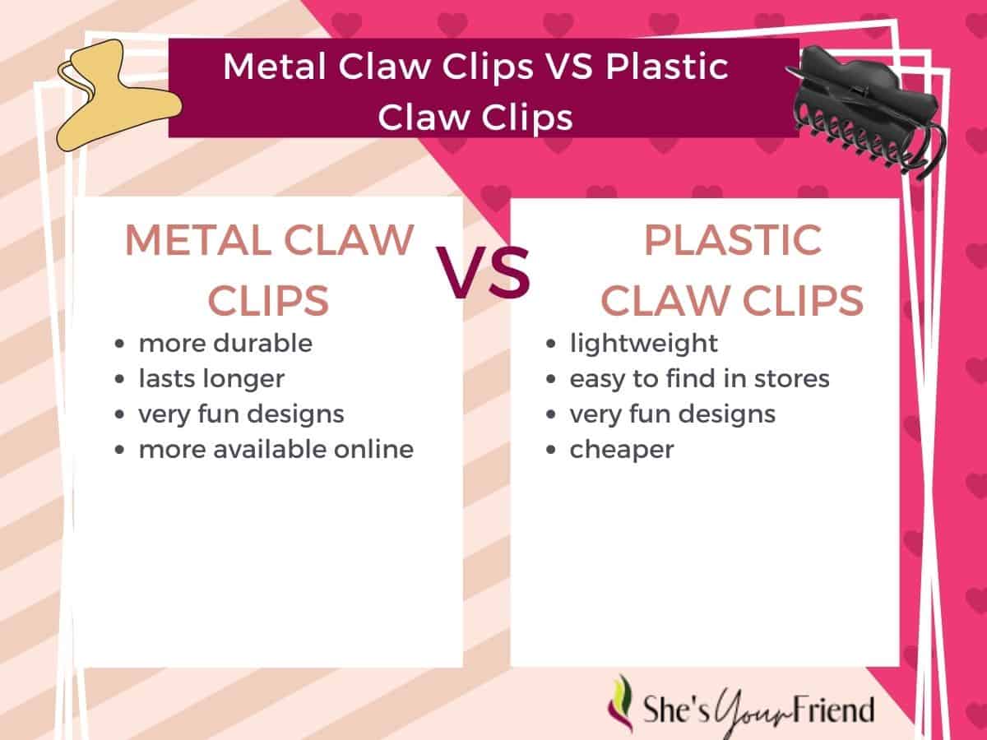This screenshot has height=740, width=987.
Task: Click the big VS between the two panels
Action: coord(484,273)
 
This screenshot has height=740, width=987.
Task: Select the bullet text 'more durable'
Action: coord(225,344)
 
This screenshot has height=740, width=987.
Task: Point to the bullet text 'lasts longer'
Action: coord(211,379)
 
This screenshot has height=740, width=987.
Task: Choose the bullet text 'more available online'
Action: coord(276,449)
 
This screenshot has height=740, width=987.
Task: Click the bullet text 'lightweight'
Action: coord(644,344)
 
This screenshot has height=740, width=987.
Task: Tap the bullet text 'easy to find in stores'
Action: coord(700,379)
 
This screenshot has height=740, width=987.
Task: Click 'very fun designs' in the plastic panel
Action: coord(673,414)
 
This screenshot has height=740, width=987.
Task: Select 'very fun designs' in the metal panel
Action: coord(242,414)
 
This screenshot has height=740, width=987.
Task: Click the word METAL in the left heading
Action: coord(199,240)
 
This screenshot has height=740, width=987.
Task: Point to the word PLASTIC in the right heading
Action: coord(733,240)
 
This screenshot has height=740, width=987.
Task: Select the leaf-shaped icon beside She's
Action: coord(621,704)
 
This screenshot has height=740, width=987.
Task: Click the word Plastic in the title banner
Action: coord(667,67)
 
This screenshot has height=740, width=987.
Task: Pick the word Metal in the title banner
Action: coord(274,67)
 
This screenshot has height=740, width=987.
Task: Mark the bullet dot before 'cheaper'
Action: coord(551,451)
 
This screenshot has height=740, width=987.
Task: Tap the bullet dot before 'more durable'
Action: coord(119,345)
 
